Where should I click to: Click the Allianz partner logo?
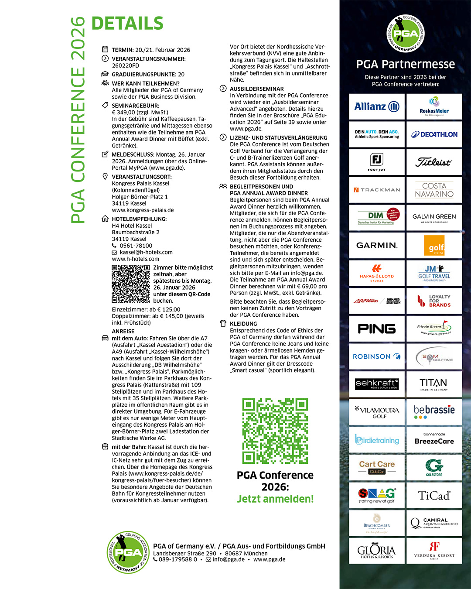[x=377, y=106]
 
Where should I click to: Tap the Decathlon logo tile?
[x=434, y=134]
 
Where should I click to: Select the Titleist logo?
[x=434, y=162]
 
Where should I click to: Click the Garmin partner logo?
[x=377, y=245]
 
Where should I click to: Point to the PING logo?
[x=377, y=329]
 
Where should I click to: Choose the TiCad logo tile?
[x=434, y=496]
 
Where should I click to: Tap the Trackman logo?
[x=377, y=190]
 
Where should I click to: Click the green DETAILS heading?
[x=127, y=24]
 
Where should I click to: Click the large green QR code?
[x=275, y=431]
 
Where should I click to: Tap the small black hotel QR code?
[x=130, y=284]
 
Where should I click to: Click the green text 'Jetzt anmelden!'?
[x=275, y=499]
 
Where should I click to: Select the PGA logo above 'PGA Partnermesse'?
[x=406, y=34]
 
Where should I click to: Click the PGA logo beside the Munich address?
[x=128, y=552]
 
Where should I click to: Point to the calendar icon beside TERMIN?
[x=105, y=50]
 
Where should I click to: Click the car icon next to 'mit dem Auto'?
[x=105, y=338]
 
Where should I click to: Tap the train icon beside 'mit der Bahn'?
[x=105, y=447]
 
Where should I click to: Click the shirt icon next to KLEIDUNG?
[x=223, y=324]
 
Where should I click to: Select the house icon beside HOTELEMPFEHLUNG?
[x=105, y=219]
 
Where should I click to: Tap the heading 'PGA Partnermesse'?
[x=406, y=65]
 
